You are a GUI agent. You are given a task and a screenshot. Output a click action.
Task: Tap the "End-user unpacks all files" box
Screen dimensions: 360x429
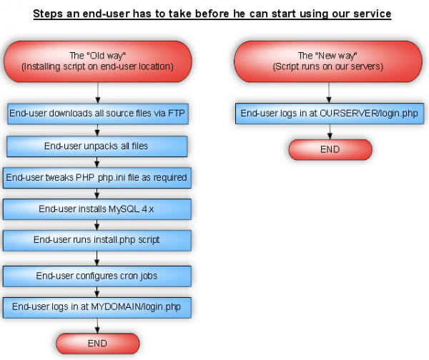click(x=98, y=146)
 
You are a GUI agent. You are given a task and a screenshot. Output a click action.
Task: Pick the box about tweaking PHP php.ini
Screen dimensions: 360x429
click(x=97, y=177)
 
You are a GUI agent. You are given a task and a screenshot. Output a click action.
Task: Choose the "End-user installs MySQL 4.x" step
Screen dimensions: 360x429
click(x=98, y=209)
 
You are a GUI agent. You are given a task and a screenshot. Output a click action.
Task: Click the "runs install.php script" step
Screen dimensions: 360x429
click(x=98, y=240)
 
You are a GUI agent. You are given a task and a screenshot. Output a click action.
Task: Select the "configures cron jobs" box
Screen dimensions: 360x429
click(x=98, y=275)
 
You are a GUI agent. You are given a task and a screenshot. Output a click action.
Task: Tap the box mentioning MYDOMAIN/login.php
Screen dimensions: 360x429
click(x=98, y=306)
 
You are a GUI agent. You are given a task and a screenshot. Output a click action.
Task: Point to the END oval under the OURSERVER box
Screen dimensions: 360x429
click(x=330, y=149)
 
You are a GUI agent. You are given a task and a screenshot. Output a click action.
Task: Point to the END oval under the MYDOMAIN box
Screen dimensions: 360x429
click(x=98, y=344)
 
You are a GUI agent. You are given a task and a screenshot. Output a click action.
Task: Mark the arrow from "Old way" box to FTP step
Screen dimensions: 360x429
click(x=98, y=92)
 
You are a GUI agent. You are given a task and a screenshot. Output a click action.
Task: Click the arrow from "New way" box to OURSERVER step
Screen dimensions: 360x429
click(x=330, y=92)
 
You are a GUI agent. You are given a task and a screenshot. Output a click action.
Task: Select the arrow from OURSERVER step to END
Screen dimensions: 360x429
click(x=330, y=131)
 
